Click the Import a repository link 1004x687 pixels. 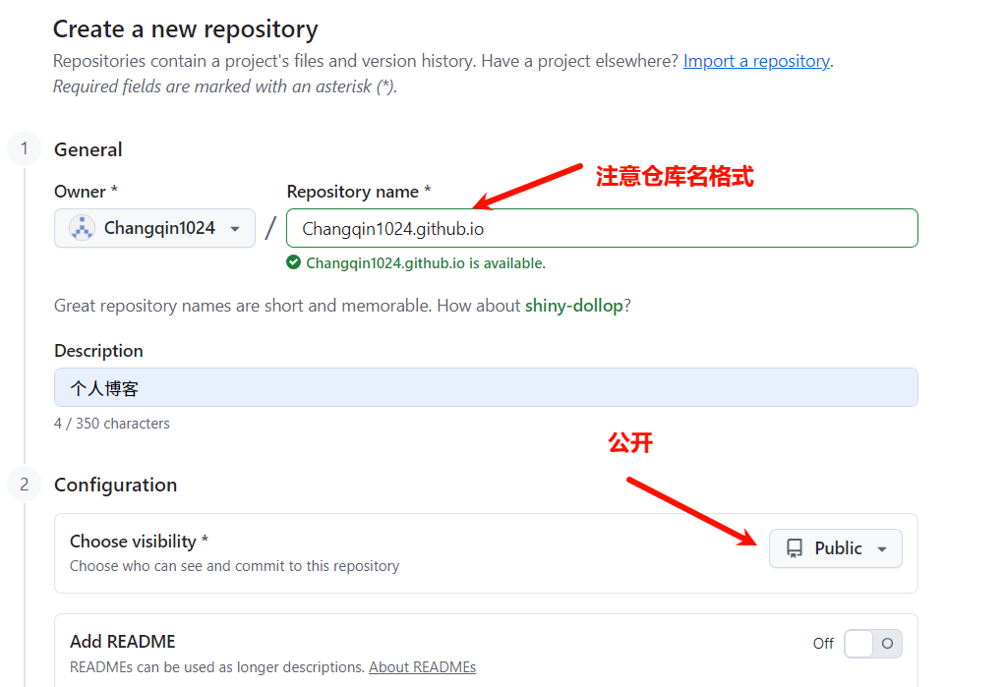[x=756, y=61]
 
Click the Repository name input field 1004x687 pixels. [x=602, y=228]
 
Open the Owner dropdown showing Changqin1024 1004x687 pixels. [x=154, y=228]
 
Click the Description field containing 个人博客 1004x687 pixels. [x=486, y=387]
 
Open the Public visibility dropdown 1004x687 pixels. [x=836, y=548]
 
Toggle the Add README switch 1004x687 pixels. [x=872, y=644]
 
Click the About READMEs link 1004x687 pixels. [x=422, y=667]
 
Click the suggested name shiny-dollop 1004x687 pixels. [x=573, y=306]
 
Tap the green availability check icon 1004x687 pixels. [x=293, y=262]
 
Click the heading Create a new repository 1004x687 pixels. [x=186, y=29]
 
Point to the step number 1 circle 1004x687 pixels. [x=25, y=149]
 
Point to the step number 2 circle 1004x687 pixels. [x=25, y=484]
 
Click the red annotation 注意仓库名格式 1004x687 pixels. [x=675, y=177]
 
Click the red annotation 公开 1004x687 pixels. [x=630, y=443]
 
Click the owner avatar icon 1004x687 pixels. [x=82, y=228]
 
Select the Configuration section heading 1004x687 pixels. [x=115, y=485]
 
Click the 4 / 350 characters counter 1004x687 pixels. [x=112, y=424]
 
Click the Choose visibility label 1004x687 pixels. [x=139, y=541]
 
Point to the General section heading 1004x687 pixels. [x=89, y=149]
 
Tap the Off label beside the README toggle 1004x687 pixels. [x=823, y=644]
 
